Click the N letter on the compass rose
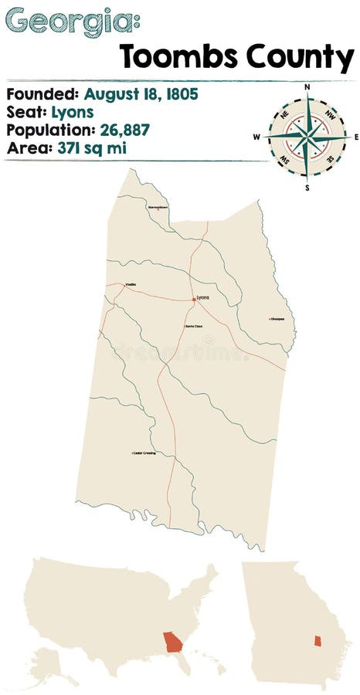[x=307, y=87]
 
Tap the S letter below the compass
[x=307, y=187]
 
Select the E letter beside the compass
[x=355, y=137]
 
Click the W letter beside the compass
[x=257, y=137]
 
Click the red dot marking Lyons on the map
[x=194, y=298]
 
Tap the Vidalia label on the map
[x=131, y=285]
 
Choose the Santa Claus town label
[x=193, y=326]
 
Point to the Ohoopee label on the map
[x=277, y=318]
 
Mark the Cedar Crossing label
[x=144, y=453]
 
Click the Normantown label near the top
[x=158, y=208]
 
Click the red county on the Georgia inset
[x=316, y=641]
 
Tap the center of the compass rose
[x=307, y=137]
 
